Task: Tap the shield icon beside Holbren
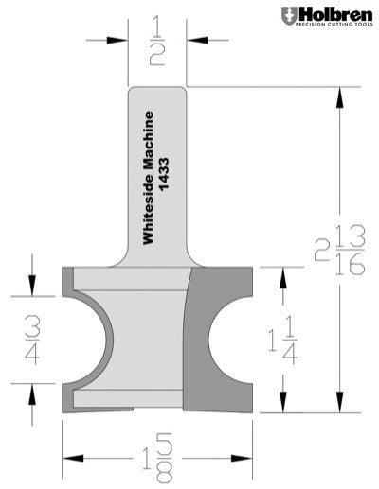[x=288, y=16]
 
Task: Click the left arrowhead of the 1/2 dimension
[x=121, y=40]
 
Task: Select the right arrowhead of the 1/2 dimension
[x=193, y=40]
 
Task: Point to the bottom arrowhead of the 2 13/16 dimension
[x=339, y=407]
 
